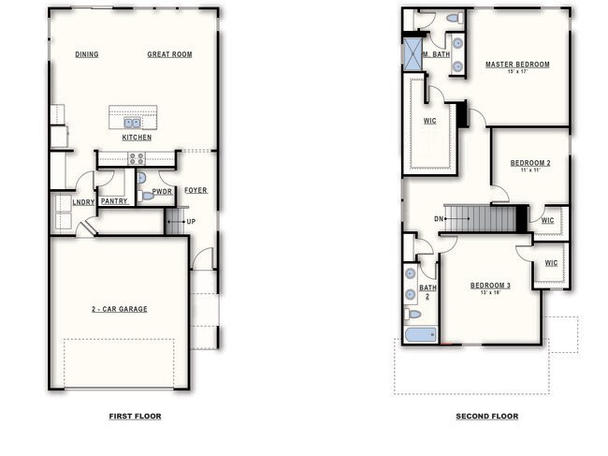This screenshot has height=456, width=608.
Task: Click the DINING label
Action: point(87,54)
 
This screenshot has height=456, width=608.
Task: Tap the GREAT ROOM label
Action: point(169,54)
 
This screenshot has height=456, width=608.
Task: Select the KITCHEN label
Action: point(137,138)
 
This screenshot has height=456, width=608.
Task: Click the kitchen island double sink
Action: point(132,122)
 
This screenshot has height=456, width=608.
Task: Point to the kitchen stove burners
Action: point(137,158)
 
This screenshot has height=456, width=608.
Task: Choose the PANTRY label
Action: point(114,200)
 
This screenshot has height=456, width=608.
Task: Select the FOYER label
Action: point(195,190)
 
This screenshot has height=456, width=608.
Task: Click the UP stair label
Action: point(191,222)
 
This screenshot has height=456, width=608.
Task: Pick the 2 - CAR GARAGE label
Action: point(119,309)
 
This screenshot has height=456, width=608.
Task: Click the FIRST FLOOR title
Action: point(135,416)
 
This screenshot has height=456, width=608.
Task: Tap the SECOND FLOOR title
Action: point(486,416)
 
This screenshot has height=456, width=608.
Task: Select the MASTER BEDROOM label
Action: point(517,65)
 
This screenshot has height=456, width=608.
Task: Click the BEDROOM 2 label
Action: point(529,163)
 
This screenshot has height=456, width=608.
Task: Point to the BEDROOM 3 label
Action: point(490,285)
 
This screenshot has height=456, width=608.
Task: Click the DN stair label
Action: point(439,219)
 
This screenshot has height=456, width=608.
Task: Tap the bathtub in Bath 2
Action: point(421,334)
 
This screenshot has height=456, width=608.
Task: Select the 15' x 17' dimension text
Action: point(517,72)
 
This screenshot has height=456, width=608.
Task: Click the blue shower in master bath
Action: point(412,52)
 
